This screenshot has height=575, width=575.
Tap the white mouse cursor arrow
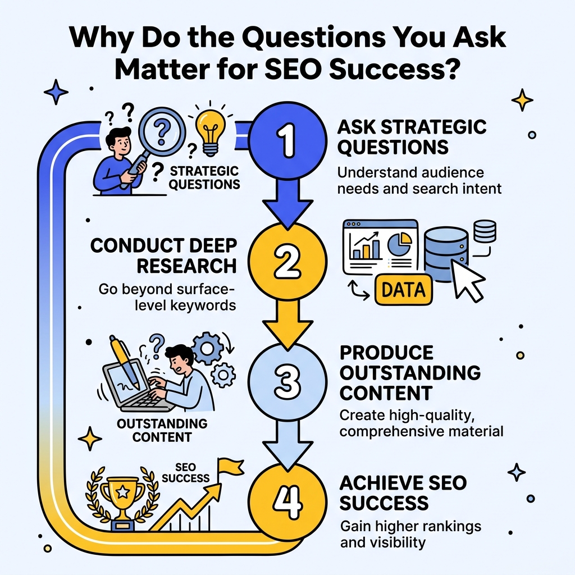(468, 281)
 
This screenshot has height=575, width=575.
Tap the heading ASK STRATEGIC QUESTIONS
(412, 136)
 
